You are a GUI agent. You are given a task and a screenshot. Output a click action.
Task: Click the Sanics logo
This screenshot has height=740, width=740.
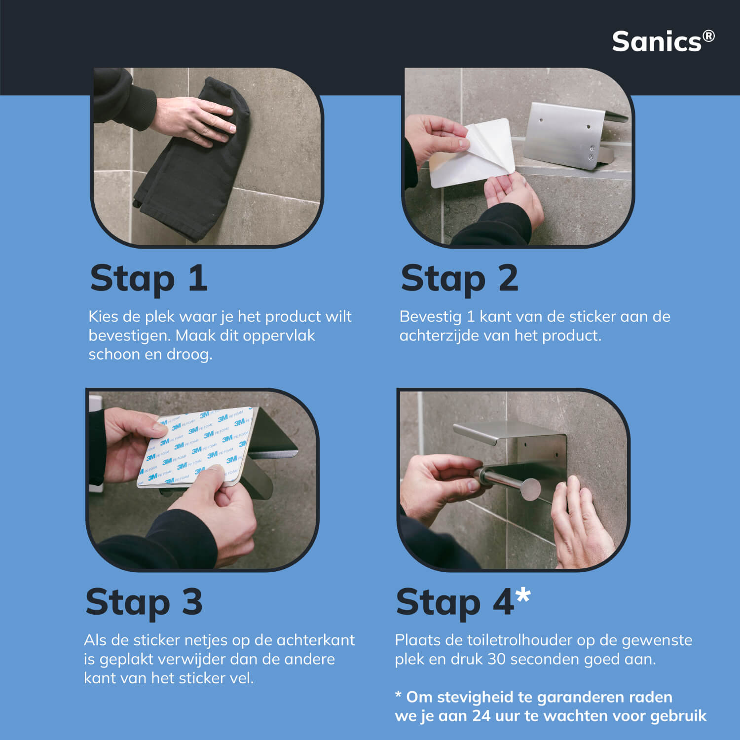663,41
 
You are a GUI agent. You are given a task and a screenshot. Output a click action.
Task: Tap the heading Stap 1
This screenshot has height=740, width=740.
148,278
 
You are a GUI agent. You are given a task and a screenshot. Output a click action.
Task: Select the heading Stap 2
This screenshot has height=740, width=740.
460,278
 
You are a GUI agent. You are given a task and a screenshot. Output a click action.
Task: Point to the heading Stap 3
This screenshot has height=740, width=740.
144,602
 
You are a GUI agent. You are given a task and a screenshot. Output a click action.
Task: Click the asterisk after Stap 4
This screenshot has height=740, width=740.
523,595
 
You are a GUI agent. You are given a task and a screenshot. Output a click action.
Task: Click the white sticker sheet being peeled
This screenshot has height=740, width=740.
471,153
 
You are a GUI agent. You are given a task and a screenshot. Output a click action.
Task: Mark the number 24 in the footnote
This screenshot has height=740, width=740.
481,716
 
